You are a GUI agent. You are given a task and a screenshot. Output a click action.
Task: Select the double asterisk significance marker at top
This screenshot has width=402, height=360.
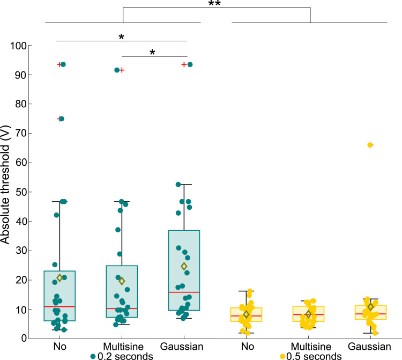215,4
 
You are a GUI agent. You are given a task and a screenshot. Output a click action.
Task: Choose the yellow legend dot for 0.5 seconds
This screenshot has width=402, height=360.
281,355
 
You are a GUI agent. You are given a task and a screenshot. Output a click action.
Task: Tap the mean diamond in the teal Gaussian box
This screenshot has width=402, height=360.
184,266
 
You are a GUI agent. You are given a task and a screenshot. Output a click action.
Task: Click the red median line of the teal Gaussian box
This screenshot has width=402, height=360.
184,292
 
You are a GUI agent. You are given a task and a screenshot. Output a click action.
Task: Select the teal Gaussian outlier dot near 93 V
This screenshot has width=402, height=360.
190,64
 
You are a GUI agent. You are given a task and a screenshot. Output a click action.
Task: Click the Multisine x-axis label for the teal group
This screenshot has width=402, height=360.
122,347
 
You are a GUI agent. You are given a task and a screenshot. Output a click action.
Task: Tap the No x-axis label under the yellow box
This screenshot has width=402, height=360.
246,347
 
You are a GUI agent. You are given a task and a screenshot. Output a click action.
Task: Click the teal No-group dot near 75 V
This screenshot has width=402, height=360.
62,119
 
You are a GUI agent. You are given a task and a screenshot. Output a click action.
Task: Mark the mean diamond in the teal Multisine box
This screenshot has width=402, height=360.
122,281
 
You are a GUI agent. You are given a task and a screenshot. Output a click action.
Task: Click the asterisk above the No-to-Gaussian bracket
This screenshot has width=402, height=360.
122,37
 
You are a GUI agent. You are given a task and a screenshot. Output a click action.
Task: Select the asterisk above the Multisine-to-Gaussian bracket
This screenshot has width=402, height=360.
153,53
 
